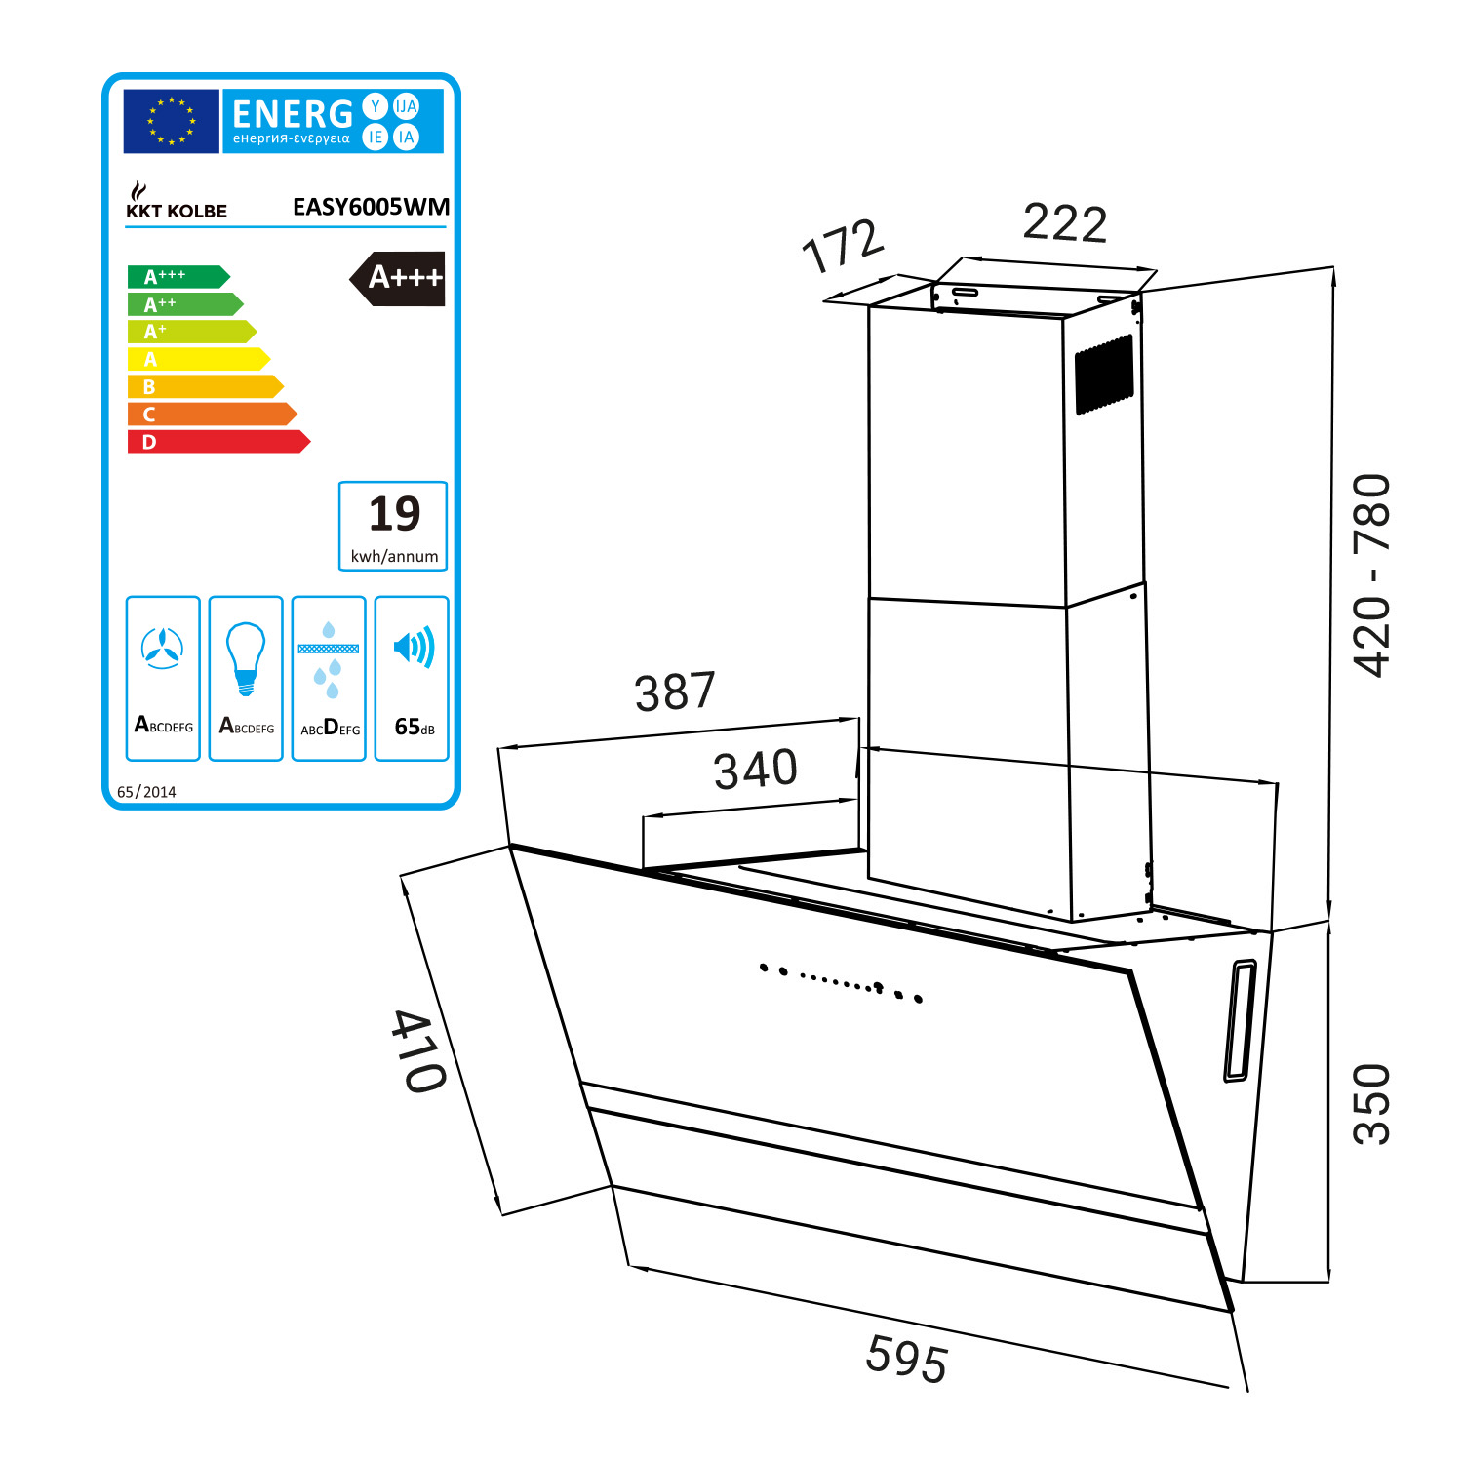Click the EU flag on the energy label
(171, 121)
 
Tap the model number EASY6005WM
(371, 207)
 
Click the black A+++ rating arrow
(398, 279)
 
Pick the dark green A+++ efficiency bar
(178, 277)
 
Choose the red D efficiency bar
(218, 442)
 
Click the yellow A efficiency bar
(198, 359)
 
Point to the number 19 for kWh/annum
(394, 514)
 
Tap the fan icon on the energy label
(162, 648)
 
